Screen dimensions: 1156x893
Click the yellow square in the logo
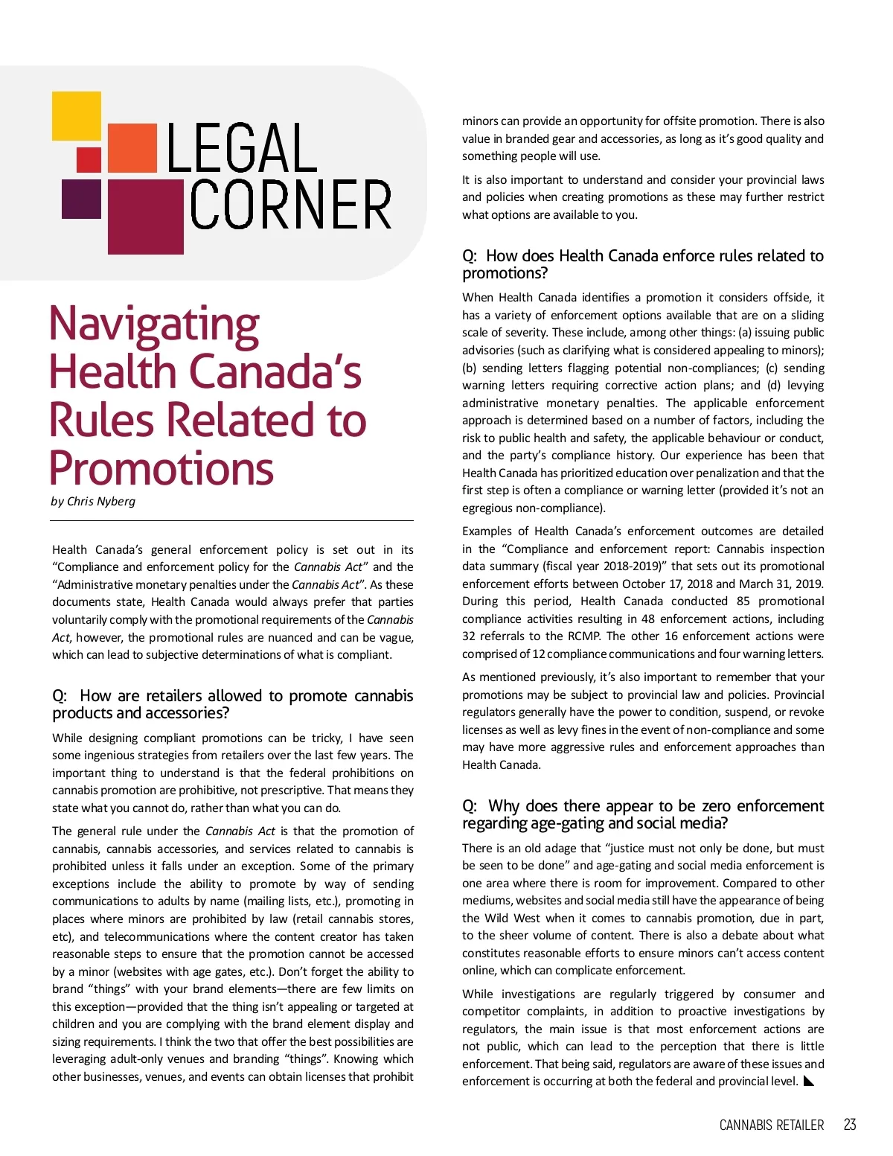click(x=76, y=116)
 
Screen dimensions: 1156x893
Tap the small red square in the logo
click(x=89, y=159)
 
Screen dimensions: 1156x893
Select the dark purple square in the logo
click(x=81, y=198)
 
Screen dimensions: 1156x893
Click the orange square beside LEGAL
click(x=132, y=148)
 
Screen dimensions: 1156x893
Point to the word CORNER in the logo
click(x=290, y=205)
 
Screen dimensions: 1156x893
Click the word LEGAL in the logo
click(x=242, y=148)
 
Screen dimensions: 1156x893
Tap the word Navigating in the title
click(x=154, y=325)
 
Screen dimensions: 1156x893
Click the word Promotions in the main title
click(x=161, y=469)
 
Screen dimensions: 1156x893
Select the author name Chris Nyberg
click(x=101, y=501)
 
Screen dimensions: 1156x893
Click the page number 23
click(x=849, y=1125)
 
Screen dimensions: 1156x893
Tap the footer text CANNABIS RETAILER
click(x=771, y=1125)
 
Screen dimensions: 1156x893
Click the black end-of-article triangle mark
click(x=809, y=1082)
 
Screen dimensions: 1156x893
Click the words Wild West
click(x=513, y=919)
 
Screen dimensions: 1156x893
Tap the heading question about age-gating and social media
click(x=642, y=814)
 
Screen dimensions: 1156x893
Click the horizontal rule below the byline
click(x=232, y=520)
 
